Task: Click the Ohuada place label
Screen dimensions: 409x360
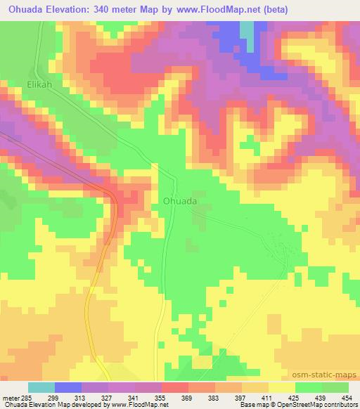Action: (179, 200)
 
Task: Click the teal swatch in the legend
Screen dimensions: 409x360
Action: (41, 387)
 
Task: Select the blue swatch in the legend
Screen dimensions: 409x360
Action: (67, 387)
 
